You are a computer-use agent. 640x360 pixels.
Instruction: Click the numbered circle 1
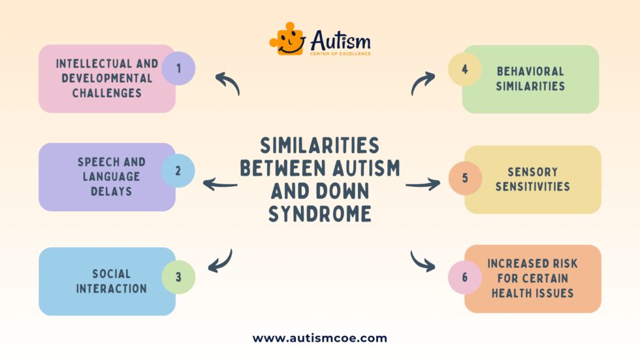178,69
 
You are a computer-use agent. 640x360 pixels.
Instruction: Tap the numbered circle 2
178,171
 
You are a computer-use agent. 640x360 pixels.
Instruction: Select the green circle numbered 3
178,276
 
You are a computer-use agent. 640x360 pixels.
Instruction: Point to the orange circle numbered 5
465,178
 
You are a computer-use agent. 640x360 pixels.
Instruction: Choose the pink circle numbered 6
465,277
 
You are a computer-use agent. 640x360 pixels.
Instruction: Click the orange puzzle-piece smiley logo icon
287,39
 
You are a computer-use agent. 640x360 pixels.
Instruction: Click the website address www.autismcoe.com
320,338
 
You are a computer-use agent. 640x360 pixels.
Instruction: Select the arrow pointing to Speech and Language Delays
220,185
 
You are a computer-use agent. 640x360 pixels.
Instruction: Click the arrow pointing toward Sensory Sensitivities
423,185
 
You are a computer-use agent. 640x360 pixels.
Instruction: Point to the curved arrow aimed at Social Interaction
221,261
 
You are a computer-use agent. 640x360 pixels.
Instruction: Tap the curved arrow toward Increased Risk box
423,261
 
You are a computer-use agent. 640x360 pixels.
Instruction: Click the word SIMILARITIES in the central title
319,145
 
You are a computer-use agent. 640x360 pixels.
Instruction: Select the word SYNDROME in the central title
319,214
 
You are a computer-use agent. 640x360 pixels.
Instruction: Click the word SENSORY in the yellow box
532,172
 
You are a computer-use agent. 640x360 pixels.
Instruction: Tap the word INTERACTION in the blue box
111,288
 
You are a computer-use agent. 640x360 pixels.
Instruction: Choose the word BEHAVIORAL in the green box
530,71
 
